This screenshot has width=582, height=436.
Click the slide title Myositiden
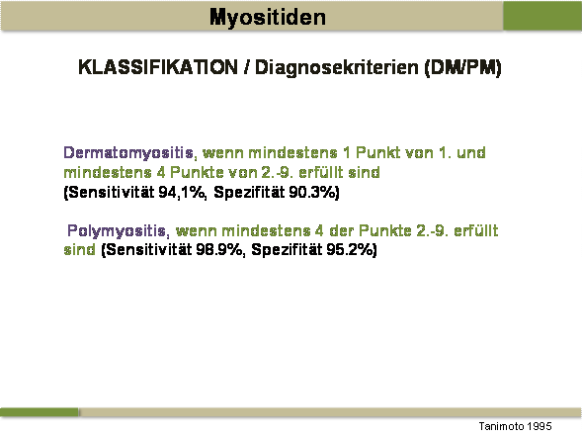tap(268, 18)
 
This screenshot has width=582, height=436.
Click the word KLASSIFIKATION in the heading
tap(158, 67)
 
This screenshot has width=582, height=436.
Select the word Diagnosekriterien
tap(337, 68)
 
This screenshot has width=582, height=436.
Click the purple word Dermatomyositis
tap(128, 153)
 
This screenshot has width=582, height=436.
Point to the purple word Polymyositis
tap(117, 231)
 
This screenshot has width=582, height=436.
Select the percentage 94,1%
tap(182, 193)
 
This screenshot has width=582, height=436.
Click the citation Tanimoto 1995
tap(515, 426)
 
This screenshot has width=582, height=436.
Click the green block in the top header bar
tap(542, 16)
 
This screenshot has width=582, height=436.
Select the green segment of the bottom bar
tap(40, 412)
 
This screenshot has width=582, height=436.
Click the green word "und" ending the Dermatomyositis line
tap(471, 152)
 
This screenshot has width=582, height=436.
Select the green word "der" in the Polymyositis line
tap(342, 230)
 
